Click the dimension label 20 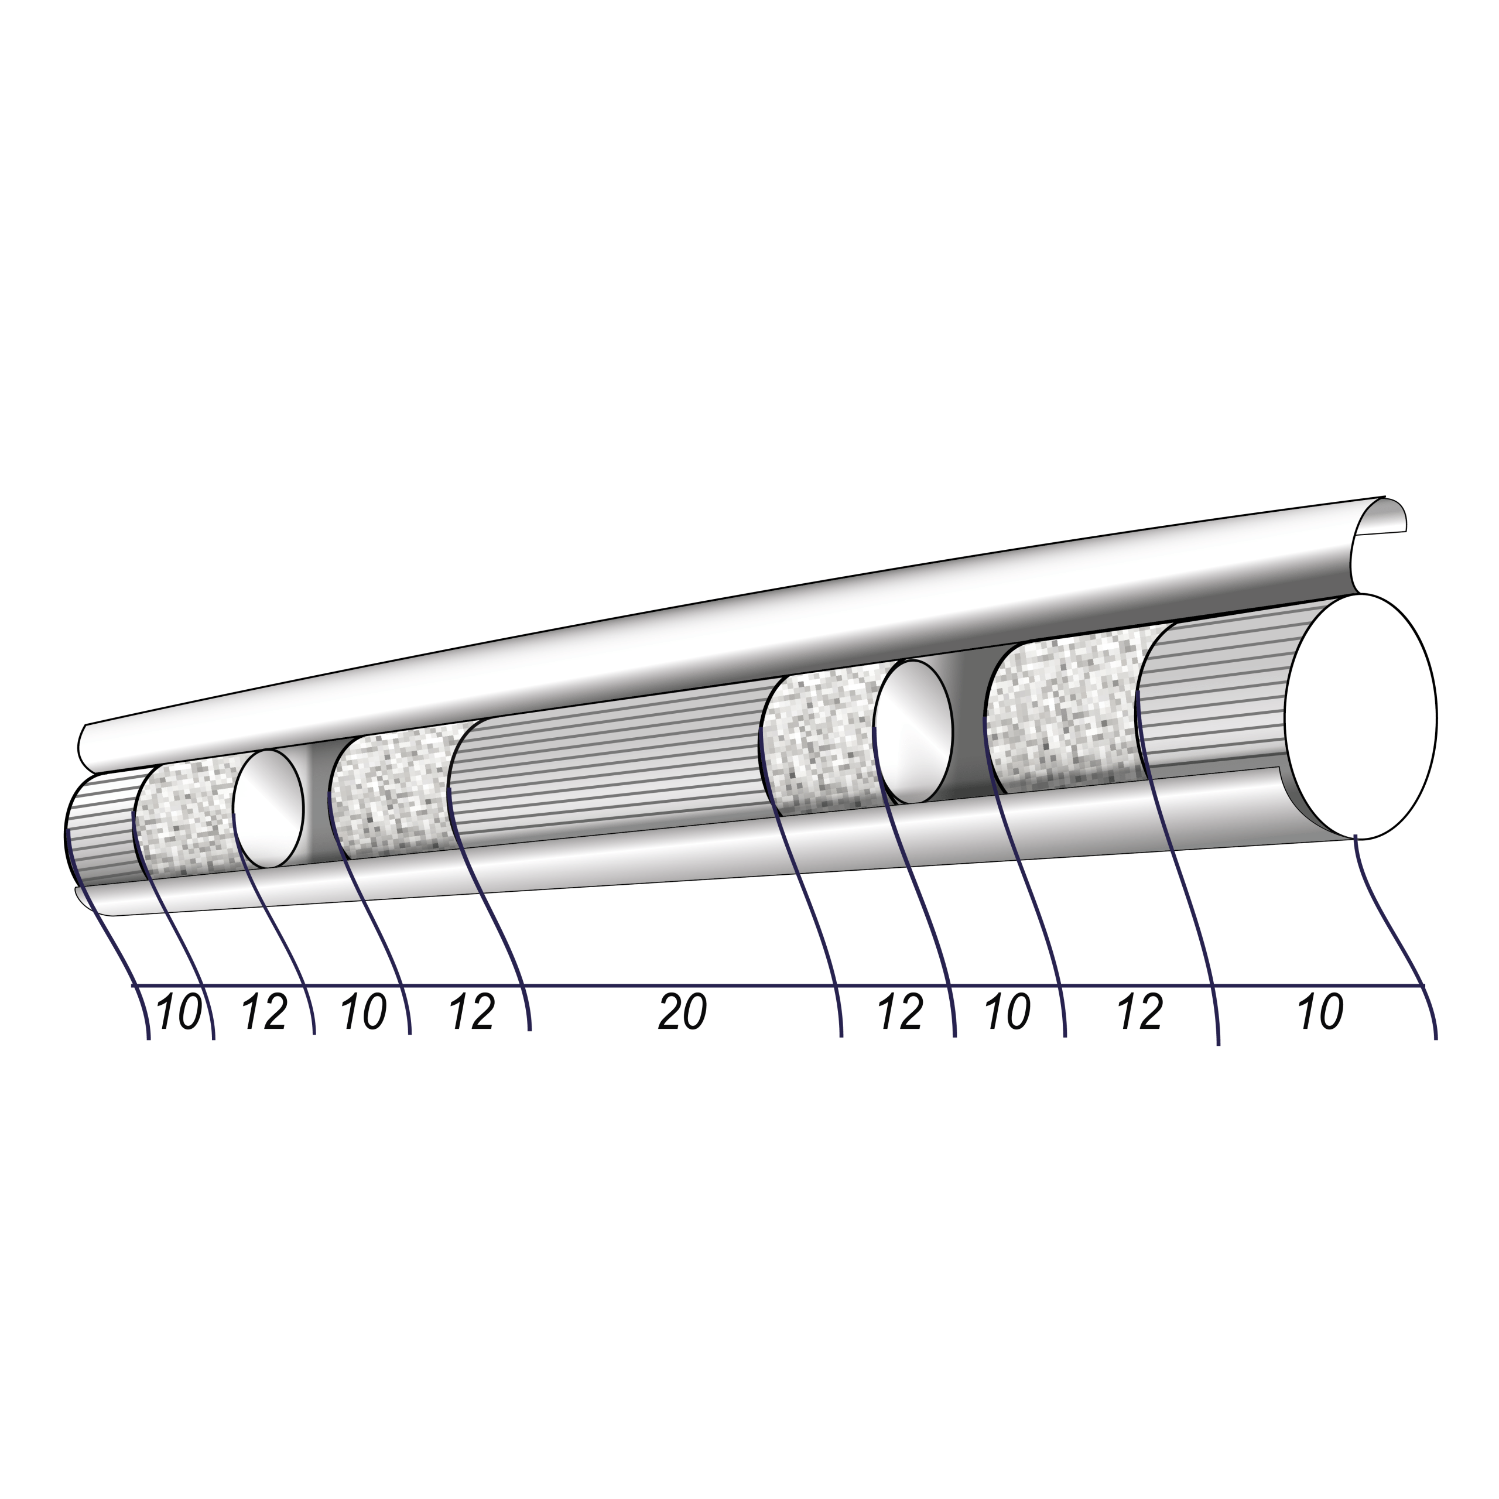683,1012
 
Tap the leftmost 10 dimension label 179,1012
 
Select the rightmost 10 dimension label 1320,1012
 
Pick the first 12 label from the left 265,1012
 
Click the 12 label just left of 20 472,1012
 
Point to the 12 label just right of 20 900,1012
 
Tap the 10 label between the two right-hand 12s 1007,1012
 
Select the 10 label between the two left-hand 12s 363,1012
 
